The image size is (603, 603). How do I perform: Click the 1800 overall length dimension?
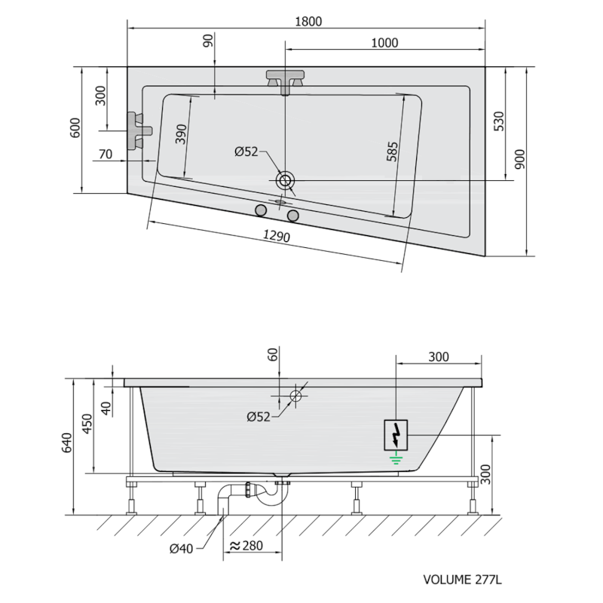(x=308, y=21)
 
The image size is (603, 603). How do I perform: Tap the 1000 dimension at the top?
(x=384, y=43)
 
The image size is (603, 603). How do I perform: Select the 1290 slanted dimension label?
(x=276, y=235)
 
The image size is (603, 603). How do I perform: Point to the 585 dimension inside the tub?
(x=391, y=152)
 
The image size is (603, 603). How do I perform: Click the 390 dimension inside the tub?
(x=181, y=134)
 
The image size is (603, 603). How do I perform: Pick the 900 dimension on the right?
(x=519, y=159)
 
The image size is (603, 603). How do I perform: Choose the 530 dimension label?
(x=498, y=121)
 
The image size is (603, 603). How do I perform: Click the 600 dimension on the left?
(x=75, y=127)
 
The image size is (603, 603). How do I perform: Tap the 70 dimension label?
(x=106, y=154)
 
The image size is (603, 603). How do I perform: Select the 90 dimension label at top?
(x=208, y=41)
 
